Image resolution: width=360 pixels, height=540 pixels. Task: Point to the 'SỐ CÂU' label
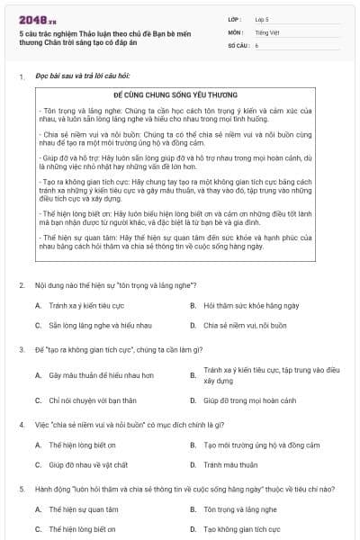(x=238, y=44)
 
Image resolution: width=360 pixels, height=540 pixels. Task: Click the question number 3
(x=21, y=348)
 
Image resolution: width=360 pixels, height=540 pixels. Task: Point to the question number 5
(x=21, y=489)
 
